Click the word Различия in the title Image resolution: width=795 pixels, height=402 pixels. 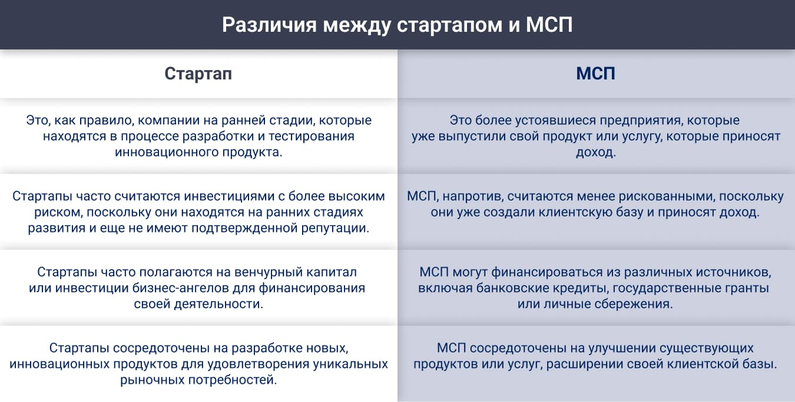pyautogui.click(x=269, y=25)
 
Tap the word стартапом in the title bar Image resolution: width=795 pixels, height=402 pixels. pyautogui.click(x=449, y=25)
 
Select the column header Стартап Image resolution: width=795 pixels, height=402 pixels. pyautogui.click(x=198, y=74)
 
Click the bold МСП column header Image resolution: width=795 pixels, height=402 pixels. pyautogui.click(x=595, y=74)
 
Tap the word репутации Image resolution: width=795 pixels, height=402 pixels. pyautogui.click(x=336, y=228)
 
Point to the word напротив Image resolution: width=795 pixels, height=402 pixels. pyautogui.click(x=473, y=197)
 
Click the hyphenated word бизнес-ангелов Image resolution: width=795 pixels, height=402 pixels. pyautogui.click(x=181, y=288)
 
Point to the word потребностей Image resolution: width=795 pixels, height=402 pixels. pyautogui.click(x=233, y=380)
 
